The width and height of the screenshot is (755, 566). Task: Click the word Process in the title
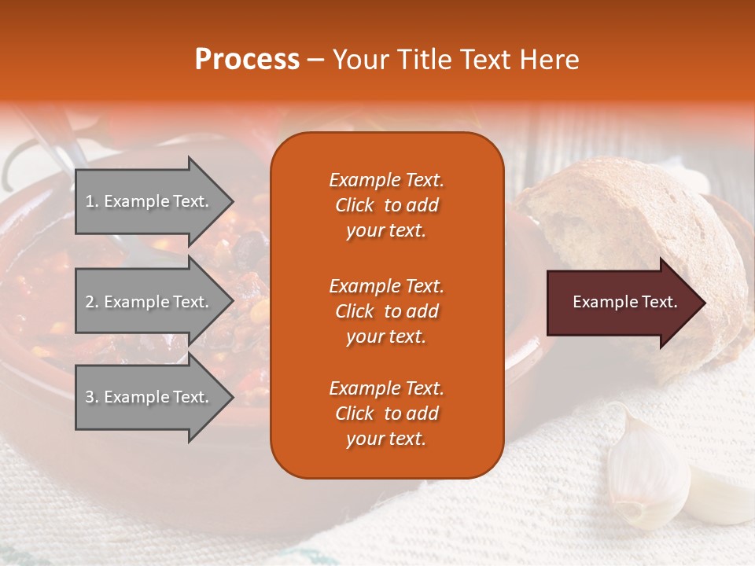247,60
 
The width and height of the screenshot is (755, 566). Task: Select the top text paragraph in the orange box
386,205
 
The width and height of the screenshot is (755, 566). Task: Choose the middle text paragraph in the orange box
386,311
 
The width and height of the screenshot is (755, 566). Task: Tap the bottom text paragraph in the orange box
386,413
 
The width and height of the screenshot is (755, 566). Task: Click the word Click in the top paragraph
355,205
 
